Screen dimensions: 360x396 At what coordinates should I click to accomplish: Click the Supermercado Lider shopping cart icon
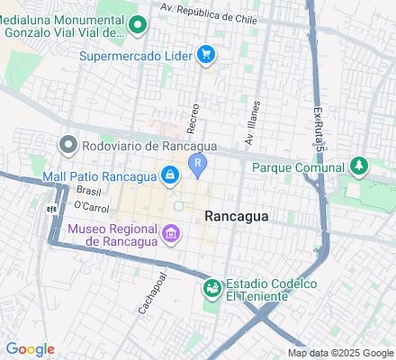(207, 55)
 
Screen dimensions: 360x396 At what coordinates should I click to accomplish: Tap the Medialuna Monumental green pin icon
(138, 24)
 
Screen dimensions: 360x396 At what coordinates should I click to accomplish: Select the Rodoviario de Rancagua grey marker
(68, 144)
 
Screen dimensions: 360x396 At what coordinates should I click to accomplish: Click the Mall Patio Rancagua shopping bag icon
(169, 175)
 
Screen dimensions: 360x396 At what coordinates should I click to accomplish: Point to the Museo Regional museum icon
(169, 235)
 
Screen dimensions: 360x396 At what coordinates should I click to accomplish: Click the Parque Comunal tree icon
(359, 166)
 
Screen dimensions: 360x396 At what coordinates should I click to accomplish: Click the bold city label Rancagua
(238, 216)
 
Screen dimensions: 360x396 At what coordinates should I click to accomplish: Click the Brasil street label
(88, 191)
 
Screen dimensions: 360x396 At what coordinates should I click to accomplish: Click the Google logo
(30, 349)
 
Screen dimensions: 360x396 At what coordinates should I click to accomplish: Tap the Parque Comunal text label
(298, 167)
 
